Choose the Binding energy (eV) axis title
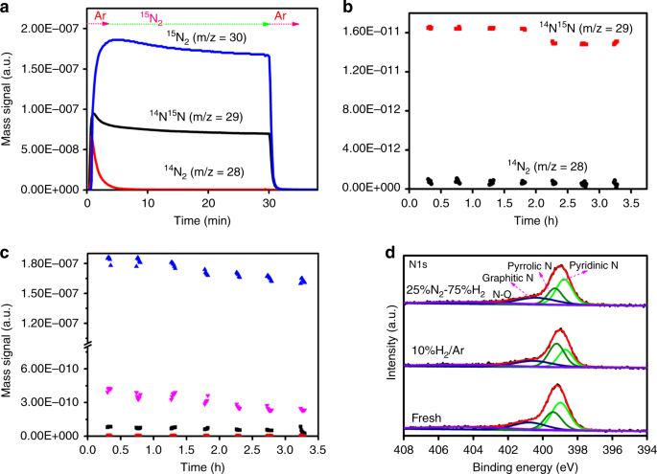pyautogui.click(x=527, y=465)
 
